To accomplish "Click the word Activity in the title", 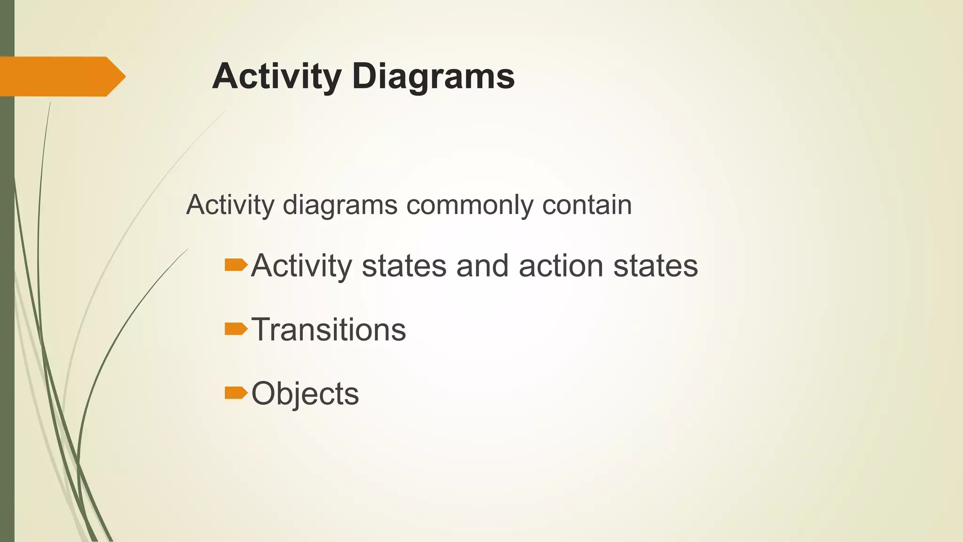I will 276,76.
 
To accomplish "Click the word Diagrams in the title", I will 433,76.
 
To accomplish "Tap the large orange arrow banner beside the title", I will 61,76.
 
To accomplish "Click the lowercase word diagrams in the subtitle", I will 340,206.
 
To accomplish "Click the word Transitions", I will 329,329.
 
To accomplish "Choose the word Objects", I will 305,393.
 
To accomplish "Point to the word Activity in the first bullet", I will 301,266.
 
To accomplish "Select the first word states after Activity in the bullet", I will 404,266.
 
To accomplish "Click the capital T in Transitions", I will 261,329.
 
